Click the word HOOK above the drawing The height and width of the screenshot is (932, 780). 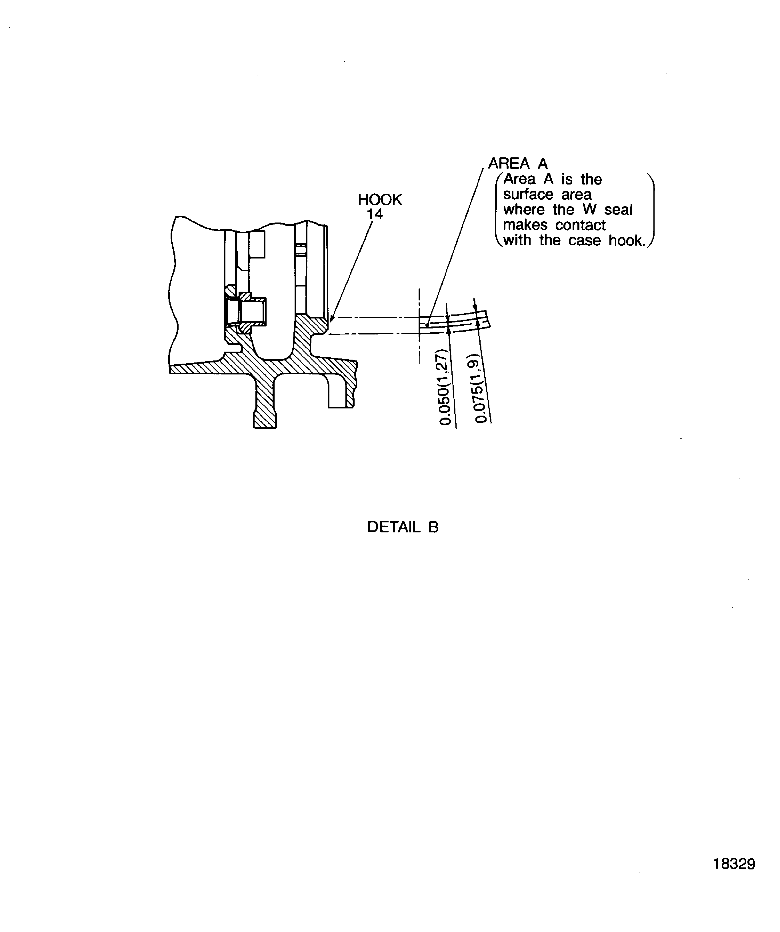(x=379, y=200)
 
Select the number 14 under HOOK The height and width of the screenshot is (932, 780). (x=374, y=214)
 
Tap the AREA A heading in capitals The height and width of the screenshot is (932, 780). (x=518, y=163)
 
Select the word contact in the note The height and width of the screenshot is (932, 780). (x=580, y=225)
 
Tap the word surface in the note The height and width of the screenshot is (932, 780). (x=528, y=195)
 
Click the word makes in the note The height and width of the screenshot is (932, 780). (x=525, y=225)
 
